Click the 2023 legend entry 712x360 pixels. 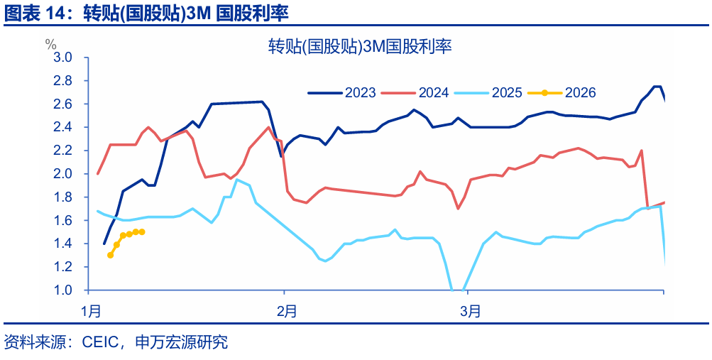coord(341,92)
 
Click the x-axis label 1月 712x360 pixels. coord(92,311)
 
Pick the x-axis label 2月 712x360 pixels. coord(286,311)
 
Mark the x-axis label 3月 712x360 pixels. coord(470,311)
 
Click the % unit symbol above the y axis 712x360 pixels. coord(51,44)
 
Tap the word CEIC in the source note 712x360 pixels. coord(104,343)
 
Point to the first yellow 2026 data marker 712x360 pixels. coord(110,255)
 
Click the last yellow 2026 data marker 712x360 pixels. coord(142,232)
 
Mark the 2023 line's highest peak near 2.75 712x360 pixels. coord(657,87)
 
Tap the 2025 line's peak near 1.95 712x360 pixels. coord(237,180)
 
